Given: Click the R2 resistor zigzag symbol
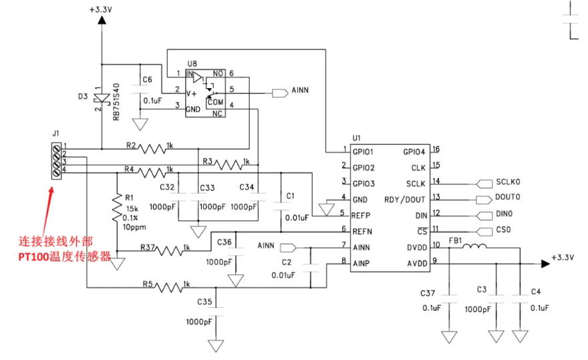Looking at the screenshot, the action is click(152, 149).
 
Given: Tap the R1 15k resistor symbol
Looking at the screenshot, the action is click(117, 209).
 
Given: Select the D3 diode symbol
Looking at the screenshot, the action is click(102, 98).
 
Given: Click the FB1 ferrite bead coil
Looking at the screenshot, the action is click(474, 246).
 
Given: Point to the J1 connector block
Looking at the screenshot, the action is click(56, 161).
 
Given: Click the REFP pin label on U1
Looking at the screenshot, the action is click(361, 216).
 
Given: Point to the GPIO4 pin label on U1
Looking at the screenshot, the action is click(414, 152).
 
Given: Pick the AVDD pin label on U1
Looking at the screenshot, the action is click(417, 264).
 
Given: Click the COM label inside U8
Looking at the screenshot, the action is click(216, 102).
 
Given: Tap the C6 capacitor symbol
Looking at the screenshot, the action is click(140, 89).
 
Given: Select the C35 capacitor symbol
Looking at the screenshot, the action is click(216, 312).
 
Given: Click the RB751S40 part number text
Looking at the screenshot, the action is click(116, 102).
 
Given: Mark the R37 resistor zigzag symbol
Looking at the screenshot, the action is click(170, 250).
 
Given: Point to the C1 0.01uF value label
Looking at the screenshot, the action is click(297, 218).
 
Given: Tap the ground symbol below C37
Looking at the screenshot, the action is click(449, 337).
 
